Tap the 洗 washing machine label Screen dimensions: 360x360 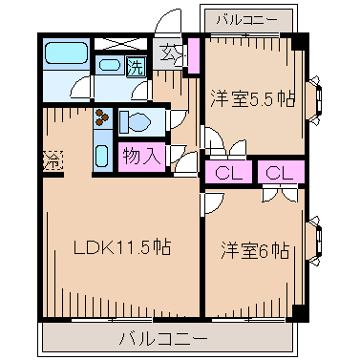(x=137, y=69)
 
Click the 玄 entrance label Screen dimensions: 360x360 (x=169, y=53)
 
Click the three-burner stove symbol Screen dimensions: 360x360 (x=102, y=120)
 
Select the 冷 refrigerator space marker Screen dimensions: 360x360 (x=51, y=160)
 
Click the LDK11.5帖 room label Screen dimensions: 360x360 (x=122, y=246)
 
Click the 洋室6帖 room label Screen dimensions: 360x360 (x=255, y=250)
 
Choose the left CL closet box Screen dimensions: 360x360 (x=227, y=173)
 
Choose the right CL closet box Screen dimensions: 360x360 (x=279, y=173)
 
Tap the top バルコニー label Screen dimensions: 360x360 (x=246, y=19)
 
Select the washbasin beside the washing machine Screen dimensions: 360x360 (x=110, y=67)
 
